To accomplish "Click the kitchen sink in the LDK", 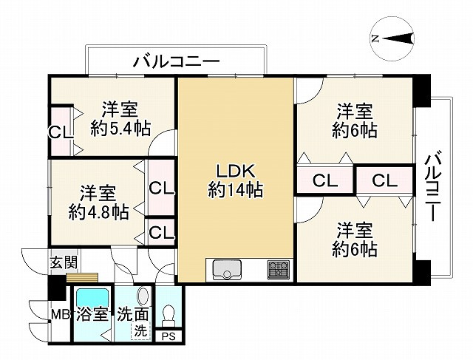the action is (227, 270).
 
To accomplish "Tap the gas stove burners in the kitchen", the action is (278, 269).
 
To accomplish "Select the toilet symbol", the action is (169, 315).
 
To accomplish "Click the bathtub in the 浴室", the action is (92, 297).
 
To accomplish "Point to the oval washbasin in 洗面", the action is (143, 296).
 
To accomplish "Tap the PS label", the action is (169, 336).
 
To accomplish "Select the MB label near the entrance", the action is (60, 315).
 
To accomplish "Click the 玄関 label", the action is (64, 262).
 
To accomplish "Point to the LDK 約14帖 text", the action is (236, 181).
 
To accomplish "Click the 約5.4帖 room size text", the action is (120, 129).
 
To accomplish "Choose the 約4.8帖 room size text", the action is (98, 212).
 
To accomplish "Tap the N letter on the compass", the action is (375, 38).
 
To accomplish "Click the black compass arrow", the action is (399, 38).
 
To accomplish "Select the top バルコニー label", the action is (177, 62).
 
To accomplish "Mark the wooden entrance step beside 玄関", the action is (82, 278).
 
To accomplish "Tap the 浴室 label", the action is (92, 315).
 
